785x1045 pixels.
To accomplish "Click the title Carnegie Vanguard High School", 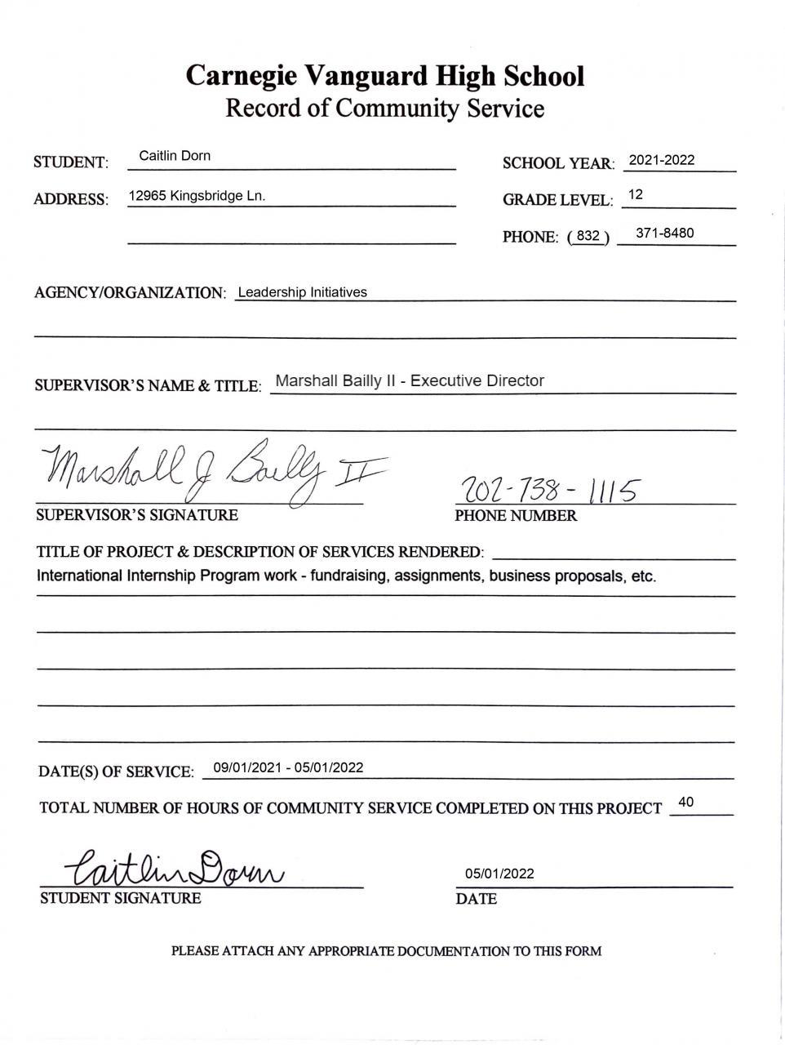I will [384, 76].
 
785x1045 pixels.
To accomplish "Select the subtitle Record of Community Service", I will [384, 109].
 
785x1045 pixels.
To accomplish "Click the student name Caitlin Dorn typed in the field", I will [175, 156].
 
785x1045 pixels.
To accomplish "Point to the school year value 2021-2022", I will [662, 160].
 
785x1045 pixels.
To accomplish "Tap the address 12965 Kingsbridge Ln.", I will [197, 196].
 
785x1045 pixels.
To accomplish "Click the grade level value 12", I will [636, 195].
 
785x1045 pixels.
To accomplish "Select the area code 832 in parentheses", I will [588, 236].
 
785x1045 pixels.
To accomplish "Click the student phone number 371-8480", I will [664, 233].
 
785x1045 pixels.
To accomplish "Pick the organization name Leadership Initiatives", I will [302, 292].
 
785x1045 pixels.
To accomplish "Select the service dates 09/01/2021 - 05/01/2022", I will [288, 767].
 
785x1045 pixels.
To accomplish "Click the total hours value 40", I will [685, 803].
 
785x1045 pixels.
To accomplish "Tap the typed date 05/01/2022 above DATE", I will [499, 874].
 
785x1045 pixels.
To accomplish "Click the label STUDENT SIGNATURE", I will [120, 899].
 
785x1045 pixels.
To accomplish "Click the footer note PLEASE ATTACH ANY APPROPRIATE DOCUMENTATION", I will [386, 951].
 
